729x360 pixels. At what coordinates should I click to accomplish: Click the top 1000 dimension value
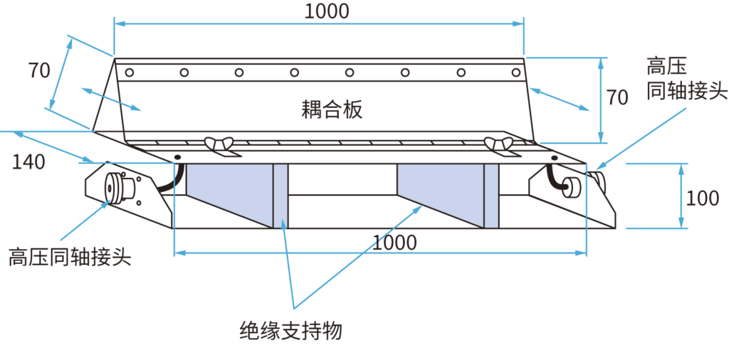[x=327, y=11]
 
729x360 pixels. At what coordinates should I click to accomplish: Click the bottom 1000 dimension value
[x=394, y=243]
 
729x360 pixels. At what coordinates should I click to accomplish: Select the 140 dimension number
[x=28, y=162]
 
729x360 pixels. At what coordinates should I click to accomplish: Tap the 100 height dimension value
[x=702, y=198]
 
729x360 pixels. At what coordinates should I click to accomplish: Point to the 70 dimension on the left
[x=39, y=71]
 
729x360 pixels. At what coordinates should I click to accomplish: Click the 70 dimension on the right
[x=617, y=97]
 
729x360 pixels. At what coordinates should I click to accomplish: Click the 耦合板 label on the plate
[x=332, y=109]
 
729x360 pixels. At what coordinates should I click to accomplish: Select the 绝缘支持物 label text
[x=291, y=331]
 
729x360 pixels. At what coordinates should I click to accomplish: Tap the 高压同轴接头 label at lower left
[x=70, y=256]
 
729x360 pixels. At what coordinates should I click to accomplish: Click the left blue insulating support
[x=229, y=193]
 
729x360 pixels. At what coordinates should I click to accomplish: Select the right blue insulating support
[x=441, y=193]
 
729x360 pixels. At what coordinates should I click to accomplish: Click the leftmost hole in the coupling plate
[x=129, y=72]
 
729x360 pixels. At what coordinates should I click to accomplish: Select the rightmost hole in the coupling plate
[x=515, y=72]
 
